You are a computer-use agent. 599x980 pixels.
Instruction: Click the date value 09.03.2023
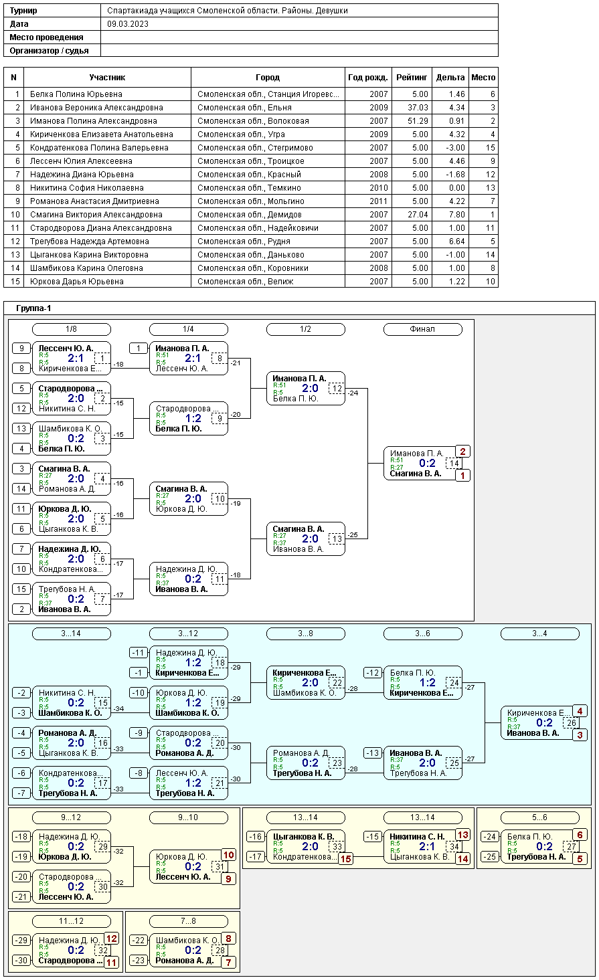point(128,24)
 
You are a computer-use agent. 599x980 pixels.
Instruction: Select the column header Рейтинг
point(411,78)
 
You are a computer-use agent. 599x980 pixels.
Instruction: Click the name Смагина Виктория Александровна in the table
point(96,215)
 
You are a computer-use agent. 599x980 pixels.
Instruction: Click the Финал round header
point(422,329)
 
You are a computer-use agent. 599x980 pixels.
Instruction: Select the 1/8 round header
point(72,329)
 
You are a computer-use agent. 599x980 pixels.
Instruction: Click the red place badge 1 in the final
point(462,476)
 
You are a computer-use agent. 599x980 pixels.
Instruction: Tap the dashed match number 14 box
point(454,464)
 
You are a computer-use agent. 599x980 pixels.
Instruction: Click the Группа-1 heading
point(33,308)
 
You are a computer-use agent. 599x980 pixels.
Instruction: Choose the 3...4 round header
point(539,633)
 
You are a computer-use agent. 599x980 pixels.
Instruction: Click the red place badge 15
point(345,859)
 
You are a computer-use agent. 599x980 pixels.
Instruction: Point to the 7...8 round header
point(188,921)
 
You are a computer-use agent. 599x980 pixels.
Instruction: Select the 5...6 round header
point(539,817)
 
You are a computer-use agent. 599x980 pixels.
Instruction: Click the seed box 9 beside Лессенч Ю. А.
point(21,349)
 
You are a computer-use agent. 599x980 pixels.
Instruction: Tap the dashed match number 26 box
point(572,723)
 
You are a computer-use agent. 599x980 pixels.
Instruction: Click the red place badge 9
point(228,879)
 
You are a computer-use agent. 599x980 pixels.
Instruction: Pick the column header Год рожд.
point(367,78)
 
